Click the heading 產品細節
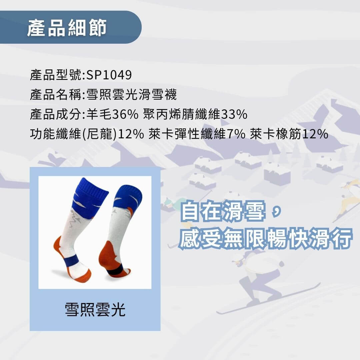click(x=67, y=28)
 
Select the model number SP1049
click(x=109, y=75)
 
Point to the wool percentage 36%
click(x=125, y=114)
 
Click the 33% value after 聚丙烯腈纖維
click(x=234, y=114)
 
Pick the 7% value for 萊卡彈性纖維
click(x=236, y=134)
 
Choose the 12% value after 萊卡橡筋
click(x=315, y=134)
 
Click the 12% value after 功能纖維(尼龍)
click(x=131, y=134)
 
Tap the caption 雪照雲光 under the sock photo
click(x=95, y=309)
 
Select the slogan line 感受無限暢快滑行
click(x=266, y=239)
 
